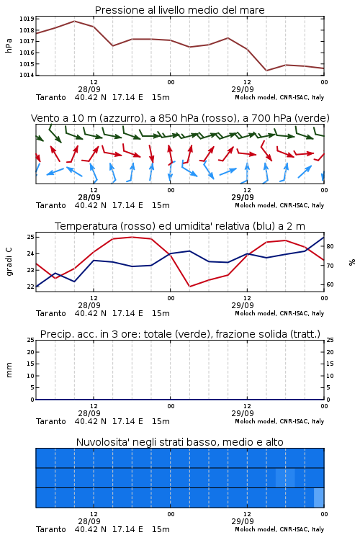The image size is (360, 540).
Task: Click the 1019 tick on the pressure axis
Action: coord(27,19)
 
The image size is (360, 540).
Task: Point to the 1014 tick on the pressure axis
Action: coord(27,75)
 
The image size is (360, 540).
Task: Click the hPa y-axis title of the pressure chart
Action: coord(9,45)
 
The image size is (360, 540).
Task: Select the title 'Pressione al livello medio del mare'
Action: coord(180,10)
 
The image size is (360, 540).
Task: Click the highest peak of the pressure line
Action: coord(74,21)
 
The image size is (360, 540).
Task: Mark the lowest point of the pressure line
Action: coord(266,71)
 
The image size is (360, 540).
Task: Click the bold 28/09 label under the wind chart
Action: coord(89,197)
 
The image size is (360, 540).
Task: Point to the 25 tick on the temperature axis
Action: coord(30,237)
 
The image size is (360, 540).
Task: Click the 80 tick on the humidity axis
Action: coord(330,246)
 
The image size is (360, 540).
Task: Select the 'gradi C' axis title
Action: coord(9,261)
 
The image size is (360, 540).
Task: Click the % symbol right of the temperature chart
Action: coord(352,262)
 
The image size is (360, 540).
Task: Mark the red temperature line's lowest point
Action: coord(189,287)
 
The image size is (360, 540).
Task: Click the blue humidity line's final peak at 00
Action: coord(323,238)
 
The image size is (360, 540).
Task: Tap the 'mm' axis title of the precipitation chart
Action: coord(9,370)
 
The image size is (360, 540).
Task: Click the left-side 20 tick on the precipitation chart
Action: coord(30,352)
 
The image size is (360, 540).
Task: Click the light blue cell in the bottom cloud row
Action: coord(319,498)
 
